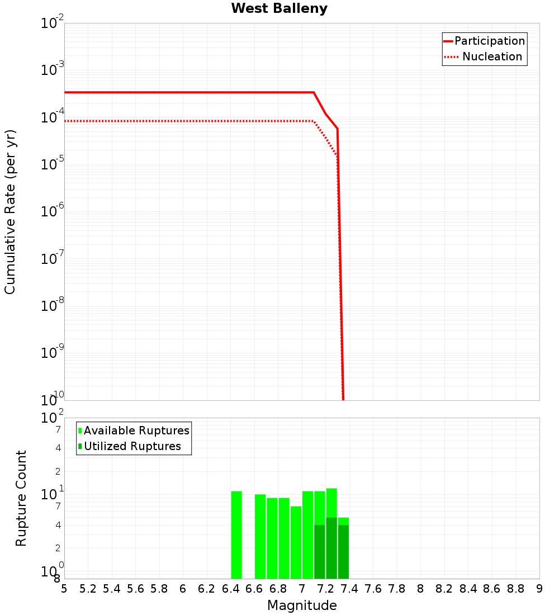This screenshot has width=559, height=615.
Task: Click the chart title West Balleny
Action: [279, 8]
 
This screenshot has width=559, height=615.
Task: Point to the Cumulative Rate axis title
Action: [10, 212]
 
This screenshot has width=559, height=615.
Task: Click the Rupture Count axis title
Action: [21, 498]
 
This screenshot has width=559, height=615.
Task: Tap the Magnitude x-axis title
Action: [302, 605]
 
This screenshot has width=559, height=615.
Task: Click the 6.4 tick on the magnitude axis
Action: [230, 589]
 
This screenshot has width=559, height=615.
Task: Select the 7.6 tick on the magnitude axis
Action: [373, 589]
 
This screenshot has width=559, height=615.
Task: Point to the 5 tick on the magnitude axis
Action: [64, 589]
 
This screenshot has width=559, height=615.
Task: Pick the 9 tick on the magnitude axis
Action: [539, 589]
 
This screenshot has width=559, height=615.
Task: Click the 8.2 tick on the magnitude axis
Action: [444, 589]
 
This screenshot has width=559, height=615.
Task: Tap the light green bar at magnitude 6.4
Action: [236, 534]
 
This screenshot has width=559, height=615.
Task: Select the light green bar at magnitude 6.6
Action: [260, 536]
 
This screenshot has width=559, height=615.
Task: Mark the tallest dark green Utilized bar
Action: [331, 548]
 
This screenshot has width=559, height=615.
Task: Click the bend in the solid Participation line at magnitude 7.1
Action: [314, 92]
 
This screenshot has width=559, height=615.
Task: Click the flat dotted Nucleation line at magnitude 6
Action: [183, 121]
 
